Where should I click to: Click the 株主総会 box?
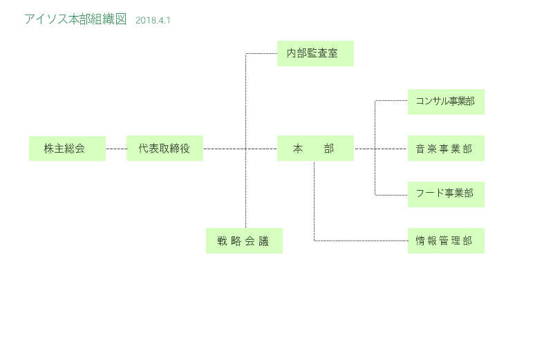pyautogui.click(x=67, y=149)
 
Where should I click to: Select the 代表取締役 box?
pyautogui.click(x=165, y=149)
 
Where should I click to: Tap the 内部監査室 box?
pyautogui.click(x=315, y=53)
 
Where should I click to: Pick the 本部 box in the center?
pyautogui.click(x=315, y=149)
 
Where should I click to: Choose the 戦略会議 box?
pyautogui.click(x=244, y=241)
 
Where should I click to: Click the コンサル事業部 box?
pyautogui.click(x=446, y=101)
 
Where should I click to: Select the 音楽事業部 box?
pyautogui.click(x=446, y=149)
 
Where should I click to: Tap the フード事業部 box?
pyautogui.click(x=446, y=194)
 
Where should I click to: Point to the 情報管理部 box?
pyautogui.click(x=446, y=241)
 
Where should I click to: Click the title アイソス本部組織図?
pyautogui.click(x=75, y=19)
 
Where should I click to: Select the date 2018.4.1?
pyautogui.click(x=153, y=21)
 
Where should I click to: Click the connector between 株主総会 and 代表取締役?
pyautogui.click(x=116, y=149)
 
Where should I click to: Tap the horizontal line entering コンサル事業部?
pyautogui.click(x=391, y=101)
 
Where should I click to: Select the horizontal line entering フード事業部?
pyautogui.click(x=391, y=195)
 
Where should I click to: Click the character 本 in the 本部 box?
pyautogui.click(x=299, y=149)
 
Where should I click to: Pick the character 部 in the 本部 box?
pyautogui.click(x=328, y=149)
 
